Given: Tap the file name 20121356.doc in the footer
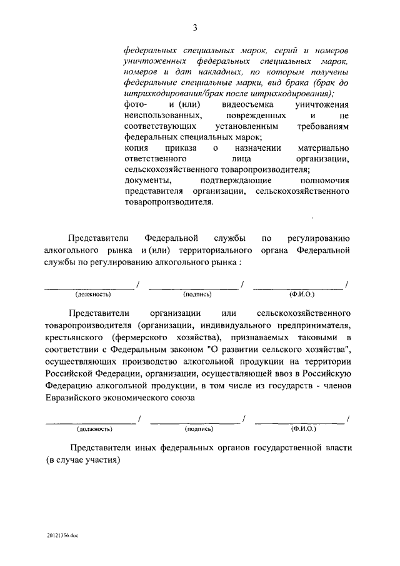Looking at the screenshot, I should click(62, 536).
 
